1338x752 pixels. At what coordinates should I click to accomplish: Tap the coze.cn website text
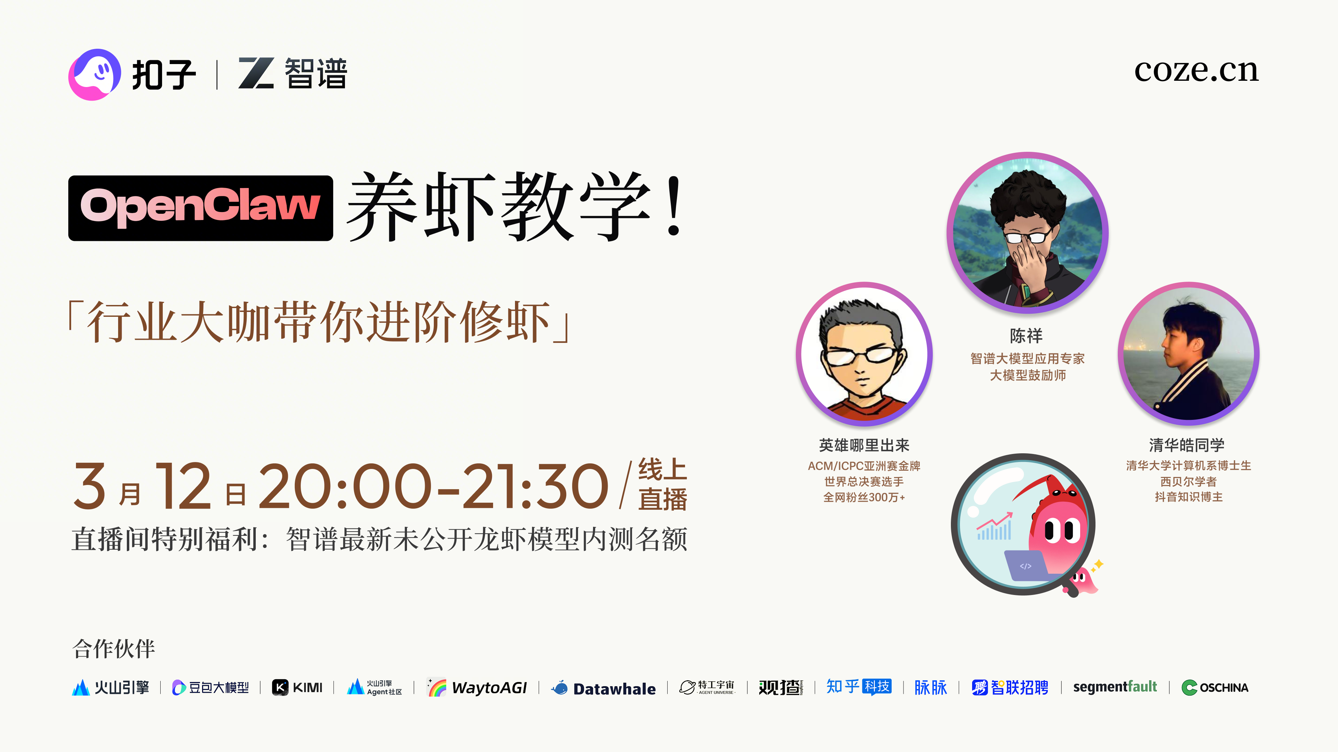pyautogui.click(x=1196, y=71)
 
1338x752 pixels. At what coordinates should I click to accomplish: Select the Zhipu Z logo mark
pyautogui.click(x=256, y=73)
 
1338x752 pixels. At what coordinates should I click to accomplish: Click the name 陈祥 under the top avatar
pyautogui.click(x=1026, y=336)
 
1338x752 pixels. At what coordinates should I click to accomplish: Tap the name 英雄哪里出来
pyautogui.click(x=864, y=445)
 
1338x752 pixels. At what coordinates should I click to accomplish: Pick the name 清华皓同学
pyautogui.click(x=1187, y=445)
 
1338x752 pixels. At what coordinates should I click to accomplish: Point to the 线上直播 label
pyautogui.click(x=662, y=485)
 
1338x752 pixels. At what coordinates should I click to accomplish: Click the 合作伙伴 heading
pyautogui.click(x=114, y=649)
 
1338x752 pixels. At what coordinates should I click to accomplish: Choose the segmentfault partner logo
pyautogui.click(x=1115, y=687)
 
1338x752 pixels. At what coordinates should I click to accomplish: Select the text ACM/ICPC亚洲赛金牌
pyautogui.click(x=864, y=466)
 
